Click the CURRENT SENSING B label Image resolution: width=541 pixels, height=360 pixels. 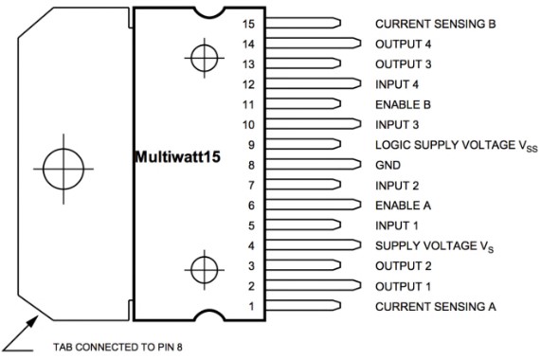point(436,24)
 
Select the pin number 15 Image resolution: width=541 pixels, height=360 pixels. point(248,24)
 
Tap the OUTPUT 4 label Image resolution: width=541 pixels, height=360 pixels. point(404,45)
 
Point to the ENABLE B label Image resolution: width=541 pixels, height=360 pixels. point(403,104)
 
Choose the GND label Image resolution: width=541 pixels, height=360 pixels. point(388,165)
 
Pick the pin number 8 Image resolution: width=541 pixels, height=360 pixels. point(251,165)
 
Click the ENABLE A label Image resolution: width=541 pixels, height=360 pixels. point(403,206)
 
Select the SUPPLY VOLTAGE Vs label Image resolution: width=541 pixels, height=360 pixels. point(434,246)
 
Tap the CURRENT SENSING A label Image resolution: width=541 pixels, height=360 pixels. point(436,306)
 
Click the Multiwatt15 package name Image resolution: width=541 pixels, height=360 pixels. point(178,157)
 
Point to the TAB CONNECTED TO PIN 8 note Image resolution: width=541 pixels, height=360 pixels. point(117,347)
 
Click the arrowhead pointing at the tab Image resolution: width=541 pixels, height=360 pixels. point(32,322)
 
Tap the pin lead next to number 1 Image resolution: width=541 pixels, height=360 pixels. point(303,305)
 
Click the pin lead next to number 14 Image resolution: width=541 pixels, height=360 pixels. point(314,44)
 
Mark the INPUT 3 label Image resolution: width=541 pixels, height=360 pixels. point(397,125)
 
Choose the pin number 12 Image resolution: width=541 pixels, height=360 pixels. point(248,84)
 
